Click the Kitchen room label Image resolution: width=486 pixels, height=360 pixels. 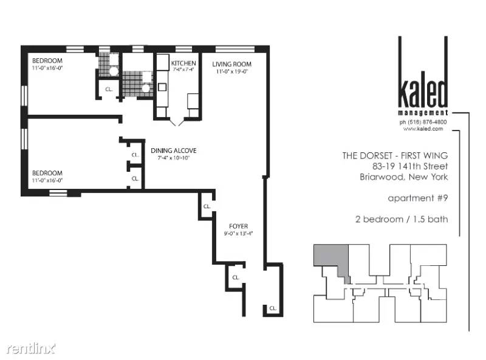pos(183,63)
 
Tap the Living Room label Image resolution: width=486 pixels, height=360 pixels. pos(232,64)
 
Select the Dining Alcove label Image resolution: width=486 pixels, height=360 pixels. pos(174,151)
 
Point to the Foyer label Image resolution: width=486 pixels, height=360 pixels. pos(238,226)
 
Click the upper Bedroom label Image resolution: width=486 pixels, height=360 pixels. pos(47,61)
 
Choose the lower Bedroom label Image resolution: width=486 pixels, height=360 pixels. pos(47,173)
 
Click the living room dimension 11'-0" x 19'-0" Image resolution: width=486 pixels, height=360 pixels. pos(232,72)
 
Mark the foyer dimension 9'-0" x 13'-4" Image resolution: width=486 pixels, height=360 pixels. pos(238,234)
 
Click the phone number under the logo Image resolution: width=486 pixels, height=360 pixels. pos(423,122)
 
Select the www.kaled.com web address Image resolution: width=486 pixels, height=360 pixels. pos(423,129)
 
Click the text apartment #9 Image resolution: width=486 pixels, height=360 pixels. pos(418,198)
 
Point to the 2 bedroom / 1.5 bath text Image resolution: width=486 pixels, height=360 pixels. pos(402,219)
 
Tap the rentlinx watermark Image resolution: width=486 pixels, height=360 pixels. pos(31,349)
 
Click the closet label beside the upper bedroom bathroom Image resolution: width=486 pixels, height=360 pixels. pos(109,89)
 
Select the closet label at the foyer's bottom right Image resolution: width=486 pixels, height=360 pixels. pos(273,308)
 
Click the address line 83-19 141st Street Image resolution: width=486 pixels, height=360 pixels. pos(410,166)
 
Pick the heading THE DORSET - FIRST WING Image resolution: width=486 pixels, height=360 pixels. pos(395,155)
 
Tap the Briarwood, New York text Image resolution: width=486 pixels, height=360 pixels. pos(404,177)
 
